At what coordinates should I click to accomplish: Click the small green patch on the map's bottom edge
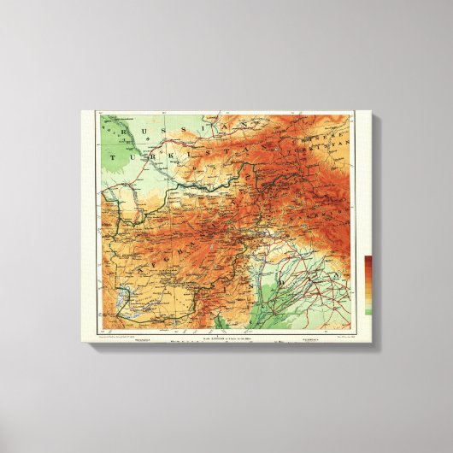click(220, 322)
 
